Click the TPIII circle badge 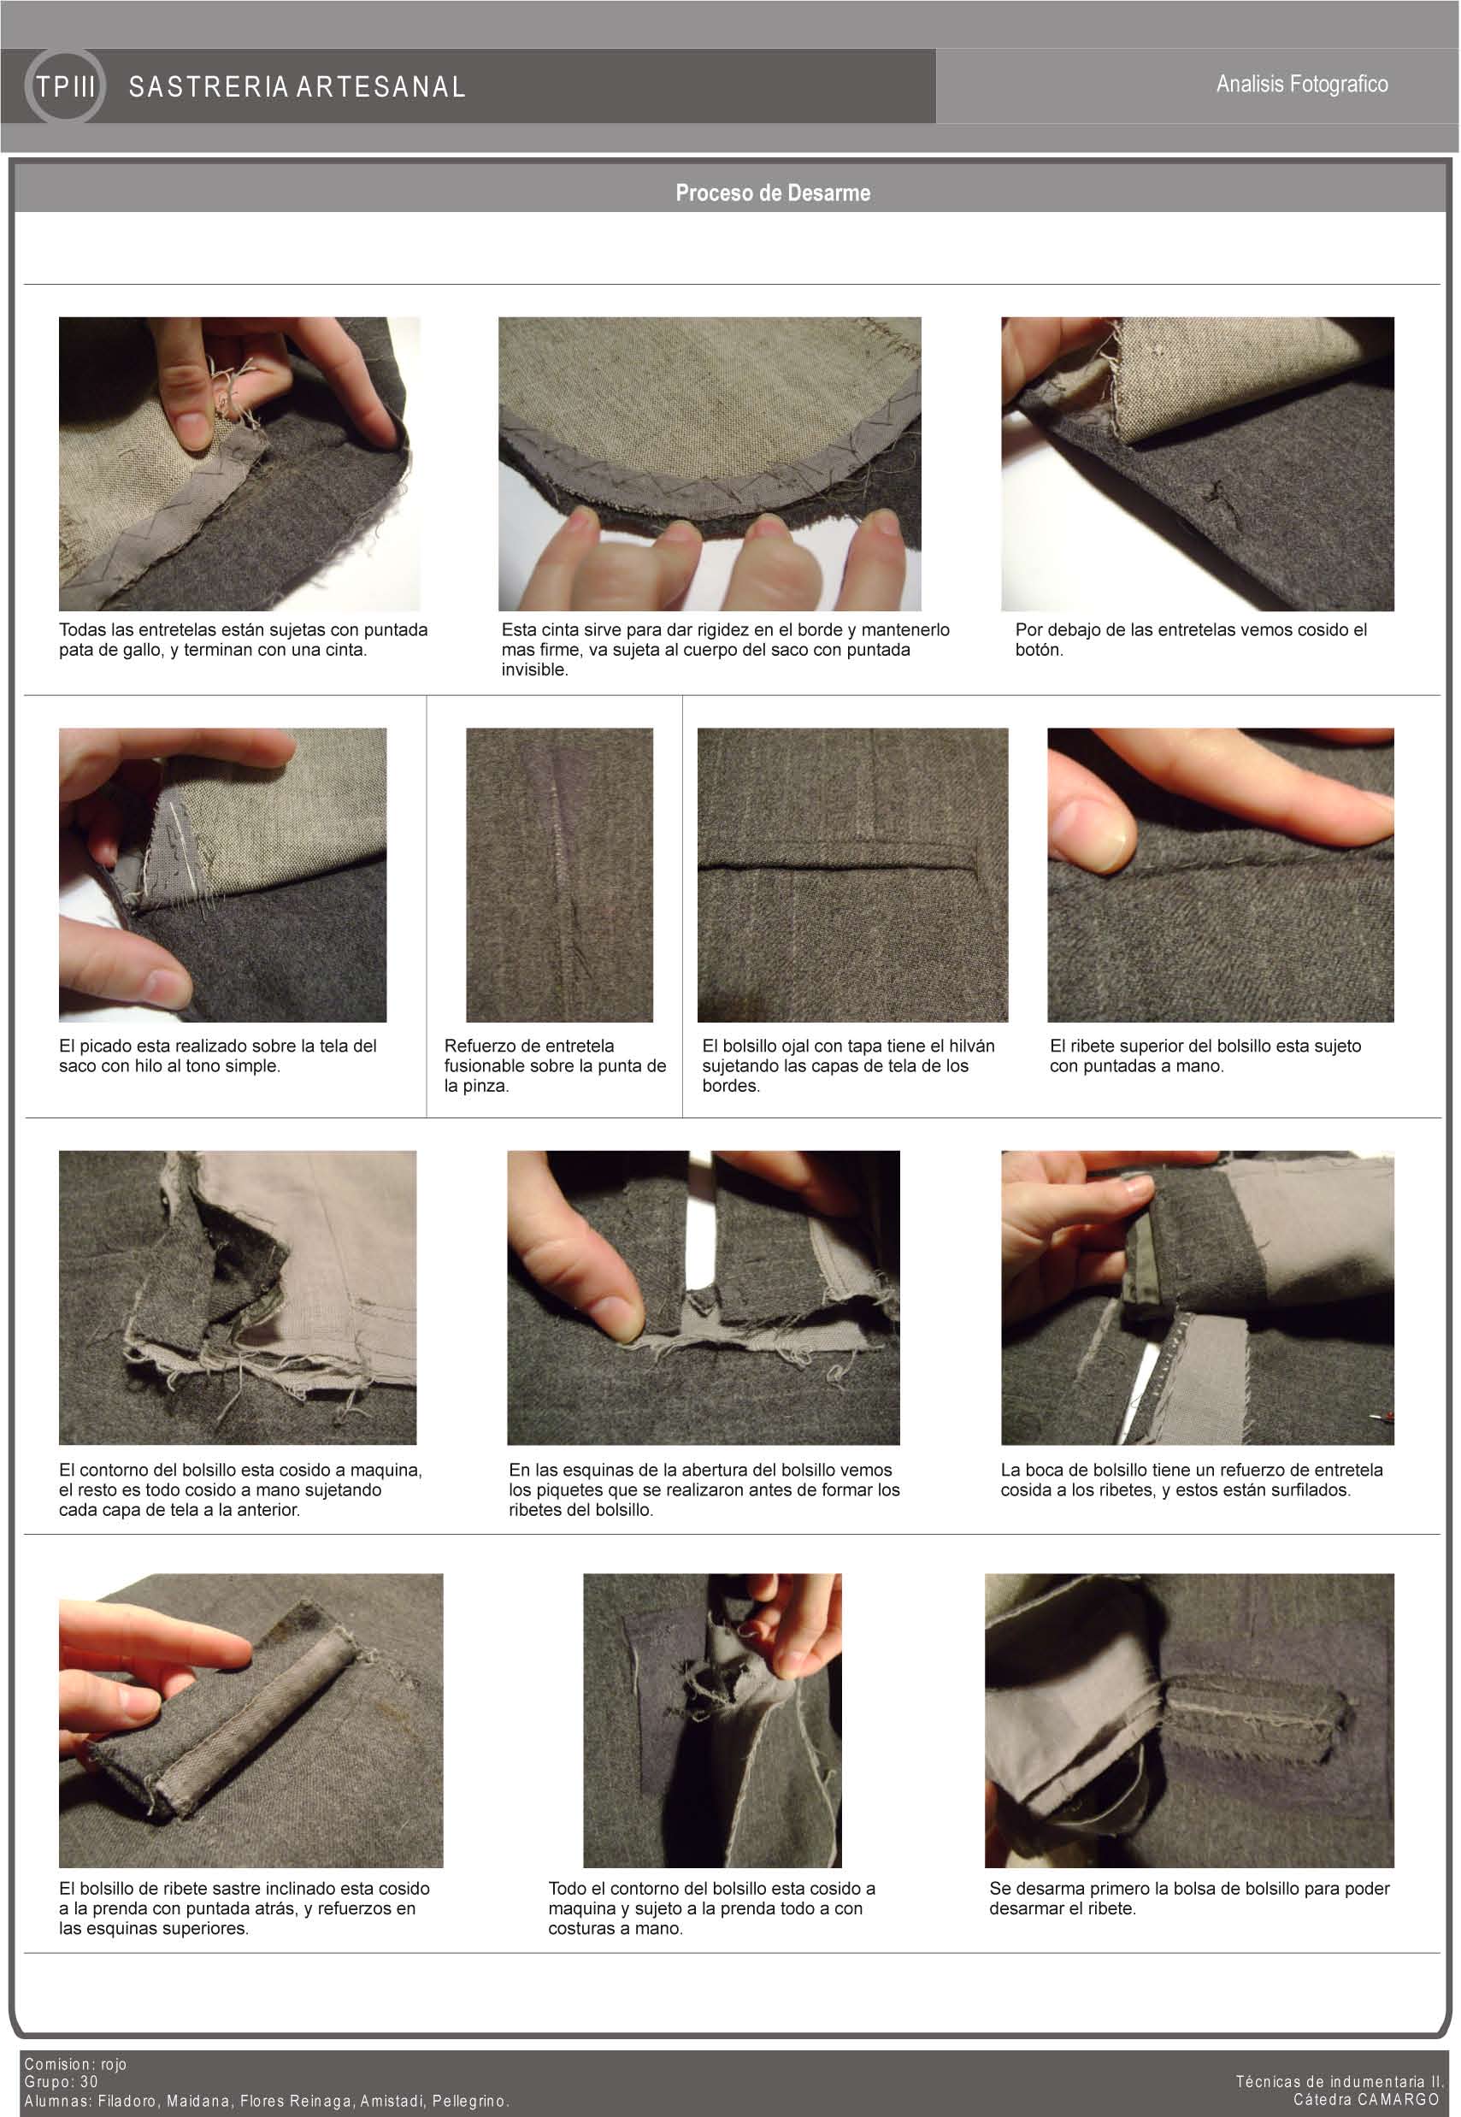(x=65, y=86)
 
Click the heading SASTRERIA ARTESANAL (x=298, y=87)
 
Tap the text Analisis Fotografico (x=1302, y=84)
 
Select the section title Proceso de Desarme (x=773, y=193)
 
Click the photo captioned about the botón (x=1198, y=464)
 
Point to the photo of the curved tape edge (x=710, y=464)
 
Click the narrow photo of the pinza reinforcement (x=559, y=875)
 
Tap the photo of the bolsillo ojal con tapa (x=852, y=875)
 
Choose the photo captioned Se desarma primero (x=1189, y=1720)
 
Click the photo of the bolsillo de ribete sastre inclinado (x=250, y=1720)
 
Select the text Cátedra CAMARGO (x=1366, y=2100)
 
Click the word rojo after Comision (x=114, y=2064)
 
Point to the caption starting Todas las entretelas (x=244, y=640)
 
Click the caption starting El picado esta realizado (x=218, y=1055)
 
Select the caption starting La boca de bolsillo (x=1191, y=1479)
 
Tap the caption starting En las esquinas (x=704, y=1489)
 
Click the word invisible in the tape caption (x=533, y=670)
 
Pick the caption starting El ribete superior (x=1205, y=1055)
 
